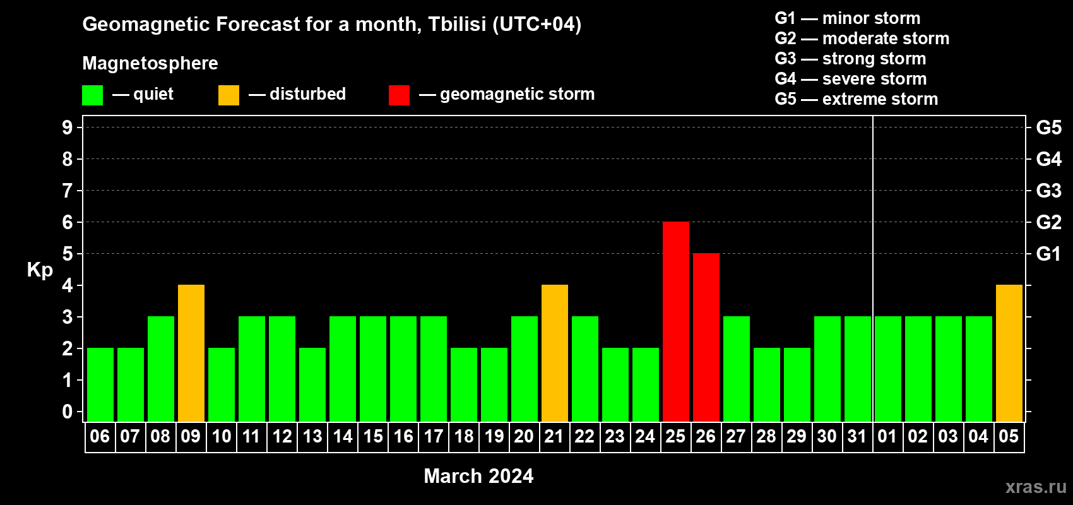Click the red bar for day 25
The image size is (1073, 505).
tap(676, 321)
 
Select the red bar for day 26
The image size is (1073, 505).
tap(706, 337)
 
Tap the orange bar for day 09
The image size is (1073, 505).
tap(191, 353)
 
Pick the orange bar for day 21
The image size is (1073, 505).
tap(555, 353)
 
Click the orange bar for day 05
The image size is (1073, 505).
tap(1009, 353)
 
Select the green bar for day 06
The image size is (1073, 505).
tap(100, 384)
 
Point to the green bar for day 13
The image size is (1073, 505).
tap(312, 384)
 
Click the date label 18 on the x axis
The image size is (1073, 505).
tap(464, 436)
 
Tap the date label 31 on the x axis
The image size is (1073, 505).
tap(857, 436)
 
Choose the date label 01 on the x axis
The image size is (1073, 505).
tap(887, 436)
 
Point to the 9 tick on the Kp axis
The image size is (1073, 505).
tap(67, 128)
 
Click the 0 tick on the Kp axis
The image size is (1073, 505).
tap(67, 412)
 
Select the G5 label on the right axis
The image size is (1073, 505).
tap(1049, 128)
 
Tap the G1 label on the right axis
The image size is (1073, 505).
tap(1049, 254)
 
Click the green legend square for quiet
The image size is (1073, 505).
tap(92, 95)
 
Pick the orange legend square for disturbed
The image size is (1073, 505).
tap(228, 95)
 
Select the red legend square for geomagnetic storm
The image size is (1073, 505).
tap(399, 95)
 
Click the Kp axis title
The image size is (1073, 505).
tap(40, 270)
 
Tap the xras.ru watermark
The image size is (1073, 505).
tap(1036, 487)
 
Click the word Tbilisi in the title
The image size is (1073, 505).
tap(457, 24)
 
